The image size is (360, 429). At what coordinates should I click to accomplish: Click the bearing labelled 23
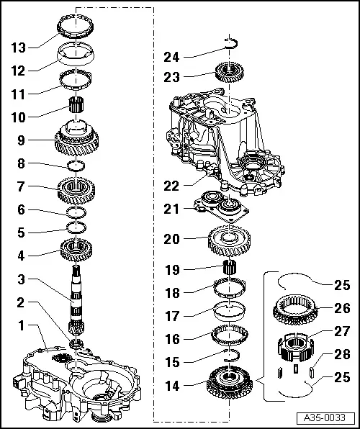(x=228, y=73)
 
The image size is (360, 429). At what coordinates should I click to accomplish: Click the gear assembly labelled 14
(x=230, y=381)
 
